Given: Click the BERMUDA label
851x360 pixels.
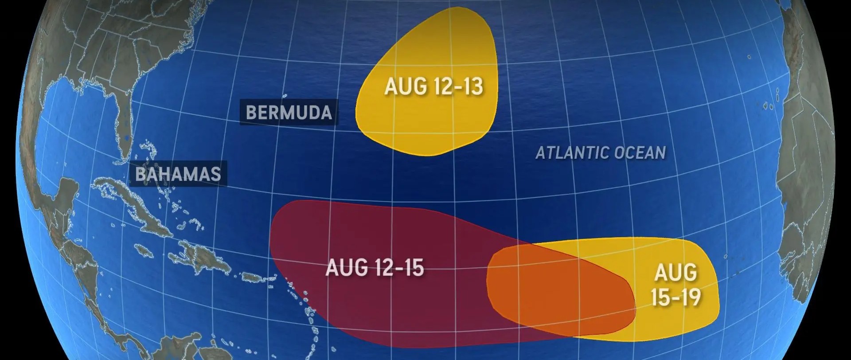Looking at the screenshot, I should (x=289, y=113).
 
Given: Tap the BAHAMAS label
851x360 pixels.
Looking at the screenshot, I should (x=178, y=174).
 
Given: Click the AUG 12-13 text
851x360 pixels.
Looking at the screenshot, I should (x=433, y=86).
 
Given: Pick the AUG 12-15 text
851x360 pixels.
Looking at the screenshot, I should (x=375, y=268).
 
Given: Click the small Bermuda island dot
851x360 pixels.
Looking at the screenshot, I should (x=285, y=96).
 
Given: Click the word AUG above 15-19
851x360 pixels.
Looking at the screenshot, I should (x=675, y=272).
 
